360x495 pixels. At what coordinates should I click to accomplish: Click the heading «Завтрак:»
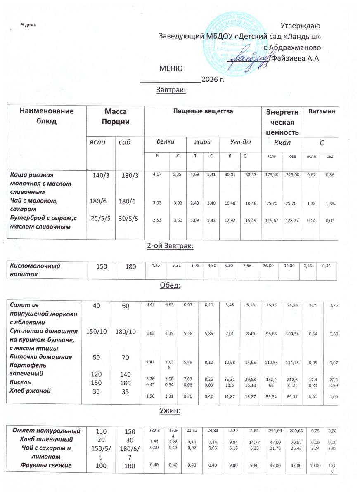(171, 90)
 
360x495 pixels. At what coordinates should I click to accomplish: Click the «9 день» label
(29, 24)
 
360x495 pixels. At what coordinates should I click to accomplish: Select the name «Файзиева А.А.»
(295, 58)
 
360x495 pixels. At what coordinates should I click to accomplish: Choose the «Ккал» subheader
(282, 142)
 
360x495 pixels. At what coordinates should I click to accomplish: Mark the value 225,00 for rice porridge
(292, 175)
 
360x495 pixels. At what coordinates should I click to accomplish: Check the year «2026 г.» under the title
(213, 79)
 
